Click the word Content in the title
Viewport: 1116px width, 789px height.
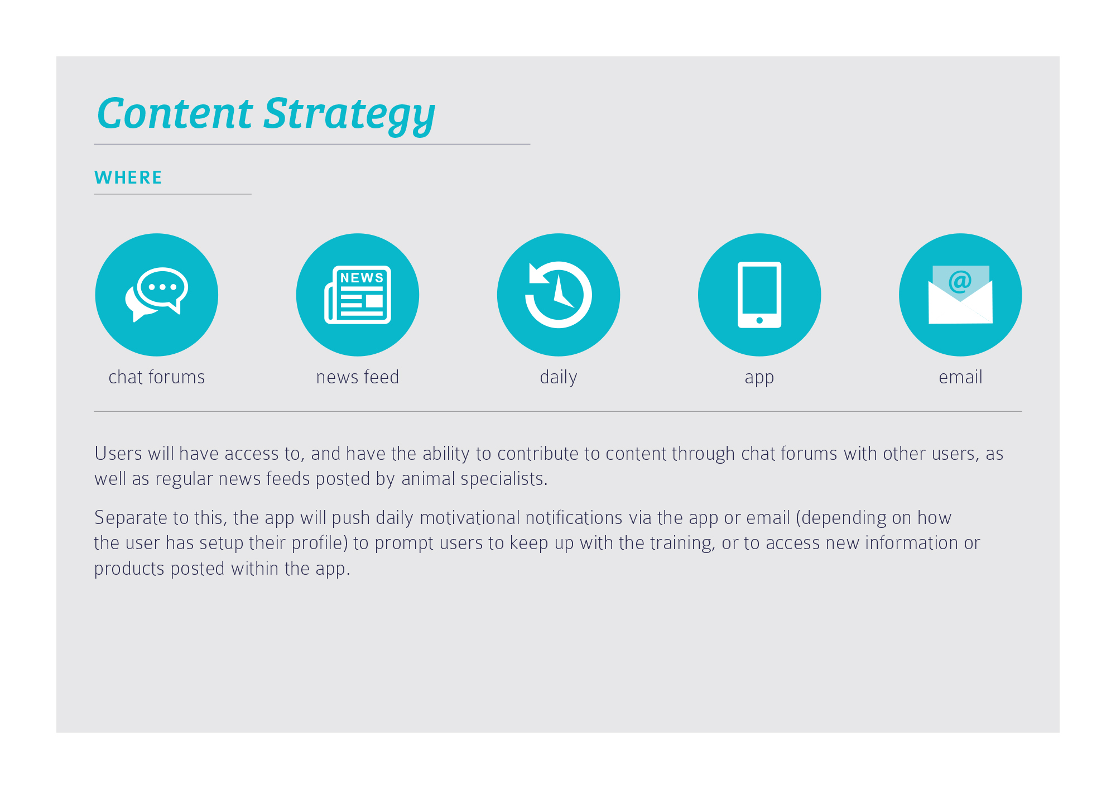point(175,113)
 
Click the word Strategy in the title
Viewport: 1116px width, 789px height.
point(349,116)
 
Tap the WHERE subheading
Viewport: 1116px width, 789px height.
point(128,177)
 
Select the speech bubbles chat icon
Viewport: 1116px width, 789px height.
point(157,295)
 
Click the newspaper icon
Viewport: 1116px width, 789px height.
point(358,295)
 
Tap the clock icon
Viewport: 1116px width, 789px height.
point(559,295)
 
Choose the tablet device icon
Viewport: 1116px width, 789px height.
point(759,295)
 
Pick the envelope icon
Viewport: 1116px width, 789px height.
point(960,295)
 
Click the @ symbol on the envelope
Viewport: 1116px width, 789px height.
point(960,281)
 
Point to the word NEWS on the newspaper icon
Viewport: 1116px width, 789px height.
point(362,278)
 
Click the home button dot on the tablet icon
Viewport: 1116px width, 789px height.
point(759,320)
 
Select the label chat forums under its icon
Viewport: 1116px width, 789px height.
point(157,377)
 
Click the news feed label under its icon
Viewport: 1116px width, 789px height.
point(358,377)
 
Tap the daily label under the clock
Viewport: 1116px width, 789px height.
point(559,378)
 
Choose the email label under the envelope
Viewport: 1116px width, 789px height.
point(960,377)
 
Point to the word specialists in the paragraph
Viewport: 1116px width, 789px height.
point(504,479)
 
